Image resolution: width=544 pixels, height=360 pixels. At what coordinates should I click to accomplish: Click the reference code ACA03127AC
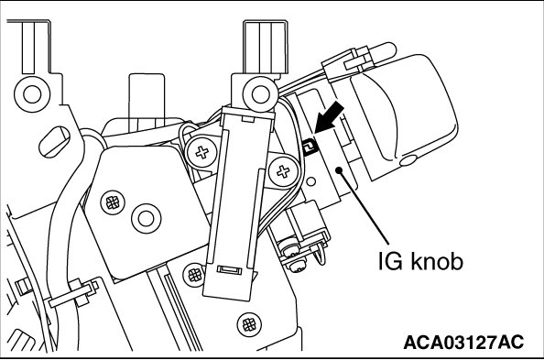(x=463, y=342)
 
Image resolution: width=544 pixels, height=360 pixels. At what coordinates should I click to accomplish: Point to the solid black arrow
(x=329, y=117)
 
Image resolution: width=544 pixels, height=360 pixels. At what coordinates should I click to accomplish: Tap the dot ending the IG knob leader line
(x=339, y=169)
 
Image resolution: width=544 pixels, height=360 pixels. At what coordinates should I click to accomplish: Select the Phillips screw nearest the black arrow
(x=284, y=170)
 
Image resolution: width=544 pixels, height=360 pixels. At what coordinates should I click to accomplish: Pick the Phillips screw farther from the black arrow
(x=201, y=152)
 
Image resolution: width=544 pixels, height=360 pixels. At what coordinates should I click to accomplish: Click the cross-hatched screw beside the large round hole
(x=113, y=202)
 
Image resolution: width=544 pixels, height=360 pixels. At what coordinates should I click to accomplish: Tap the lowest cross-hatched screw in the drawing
(x=249, y=325)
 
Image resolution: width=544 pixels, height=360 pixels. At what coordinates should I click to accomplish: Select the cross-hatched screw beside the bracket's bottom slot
(x=195, y=275)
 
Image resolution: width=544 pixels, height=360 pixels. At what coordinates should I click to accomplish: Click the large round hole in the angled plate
(x=146, y=218)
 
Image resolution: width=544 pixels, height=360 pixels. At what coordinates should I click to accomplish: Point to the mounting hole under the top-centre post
(x=260, y=94)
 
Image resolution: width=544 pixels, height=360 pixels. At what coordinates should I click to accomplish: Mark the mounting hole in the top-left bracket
(x=32, y=94)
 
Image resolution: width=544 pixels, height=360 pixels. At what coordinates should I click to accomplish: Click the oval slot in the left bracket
(x=54, y=142)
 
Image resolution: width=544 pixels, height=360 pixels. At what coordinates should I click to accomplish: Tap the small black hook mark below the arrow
(x=310, y=147)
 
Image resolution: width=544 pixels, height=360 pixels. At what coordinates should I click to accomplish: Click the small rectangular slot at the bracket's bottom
(x=229, y=269)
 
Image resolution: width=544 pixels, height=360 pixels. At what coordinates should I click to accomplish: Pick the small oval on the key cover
(x=408, y=160)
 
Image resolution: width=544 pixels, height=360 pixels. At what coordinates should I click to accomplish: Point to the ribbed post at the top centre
(x=266, y=48)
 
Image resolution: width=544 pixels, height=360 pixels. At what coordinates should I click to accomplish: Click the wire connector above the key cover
(x=348, y=63)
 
